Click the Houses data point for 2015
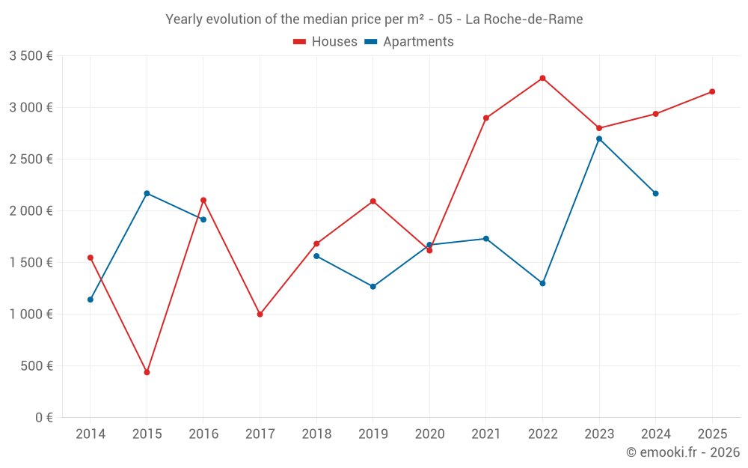click(147, 372)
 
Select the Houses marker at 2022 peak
click(542, 78)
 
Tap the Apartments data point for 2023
click(599, 139)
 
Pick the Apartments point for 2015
click(147, 193)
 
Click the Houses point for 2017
click(260, 314)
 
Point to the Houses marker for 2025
click(712, 91)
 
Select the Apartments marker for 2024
click(655, 193)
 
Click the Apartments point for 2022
click(542, 283)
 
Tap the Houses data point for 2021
click(486, 118)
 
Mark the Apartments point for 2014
click(91, 300)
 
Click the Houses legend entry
click(325, 42)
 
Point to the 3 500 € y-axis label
click(31, 55)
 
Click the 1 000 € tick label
click(31, 314)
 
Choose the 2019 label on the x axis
click(373, 434)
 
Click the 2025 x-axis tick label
click(712, 434)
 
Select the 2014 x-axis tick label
click(91, 434)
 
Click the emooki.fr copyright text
click(682, 452)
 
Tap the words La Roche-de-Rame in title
click(524, 19)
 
